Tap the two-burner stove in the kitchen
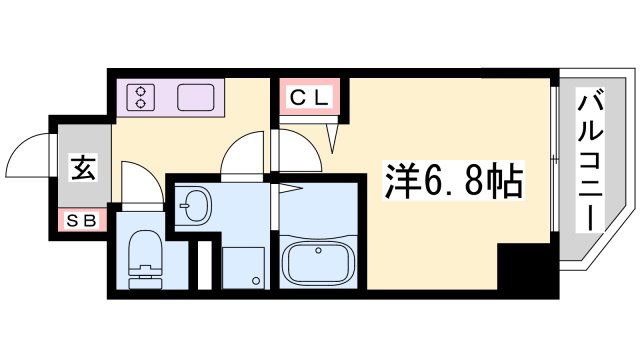pos(141,98)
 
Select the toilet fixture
pos(144,260)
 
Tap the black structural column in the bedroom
pos(527,267)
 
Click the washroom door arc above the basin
pos(244,156)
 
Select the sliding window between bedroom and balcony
pos(553,160)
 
